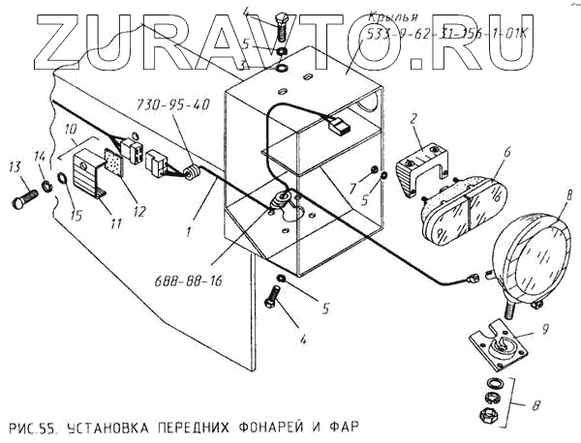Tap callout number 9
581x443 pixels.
(x=544, y=329)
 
